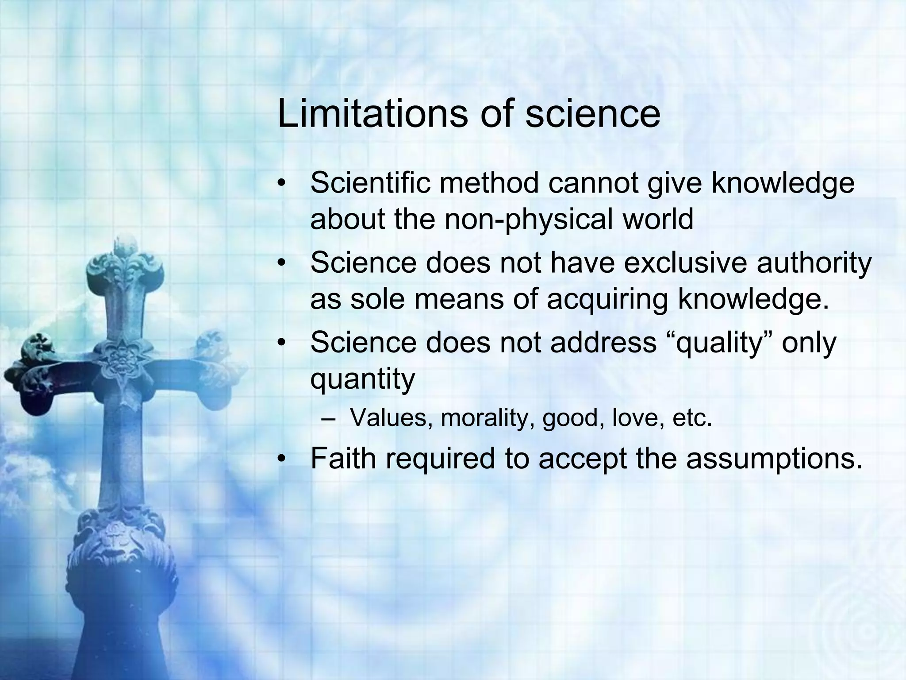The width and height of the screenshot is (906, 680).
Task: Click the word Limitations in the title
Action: (372, 114)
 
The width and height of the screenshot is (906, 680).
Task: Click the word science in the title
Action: (593, 114)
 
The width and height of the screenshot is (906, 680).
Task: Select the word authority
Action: (814, 263)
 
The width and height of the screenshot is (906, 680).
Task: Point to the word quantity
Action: (363, 379)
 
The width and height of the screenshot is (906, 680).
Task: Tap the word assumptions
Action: (774, 459)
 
